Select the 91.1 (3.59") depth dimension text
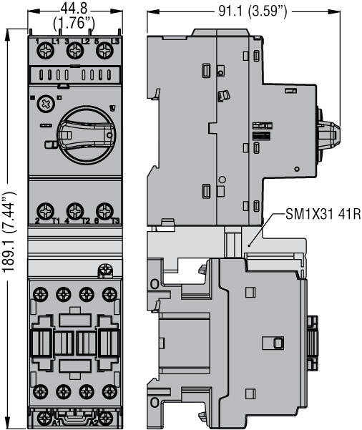click(x=243, y=11)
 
